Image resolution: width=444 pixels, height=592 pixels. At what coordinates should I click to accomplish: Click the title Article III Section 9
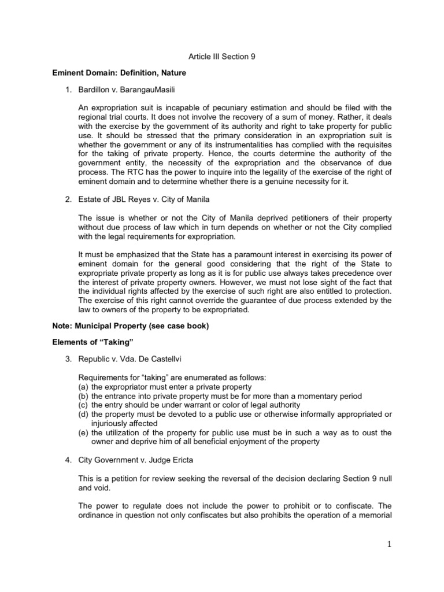[x=222, y=57]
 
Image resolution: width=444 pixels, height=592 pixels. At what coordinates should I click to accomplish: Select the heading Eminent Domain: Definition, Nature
[x=124, y=74]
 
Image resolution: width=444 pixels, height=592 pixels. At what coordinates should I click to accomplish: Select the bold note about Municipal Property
[x=131, y=326]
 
